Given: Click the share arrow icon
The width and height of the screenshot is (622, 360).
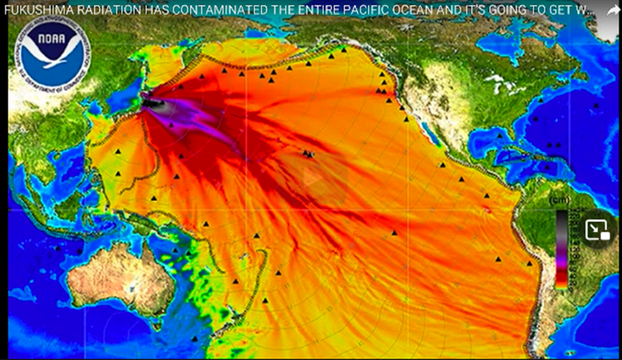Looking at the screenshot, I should (611, 11).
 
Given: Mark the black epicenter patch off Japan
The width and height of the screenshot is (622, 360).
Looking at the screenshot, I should (152, 103).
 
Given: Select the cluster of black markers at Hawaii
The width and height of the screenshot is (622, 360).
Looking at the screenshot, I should (308, 153).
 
